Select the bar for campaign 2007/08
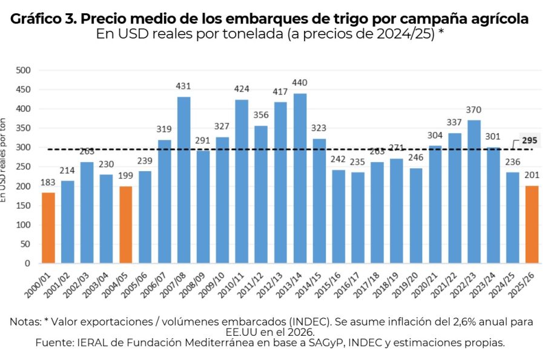pos(184,180)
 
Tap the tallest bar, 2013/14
pos(299,178)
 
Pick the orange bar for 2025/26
pos(531,224)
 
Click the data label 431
pos(184,87)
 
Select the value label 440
pos(299,83)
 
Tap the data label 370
pos(473,110)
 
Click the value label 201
pos(531,175)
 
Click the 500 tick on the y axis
pos(22,70)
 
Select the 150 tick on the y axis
pos(22,206)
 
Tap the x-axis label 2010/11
pos(239,285)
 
